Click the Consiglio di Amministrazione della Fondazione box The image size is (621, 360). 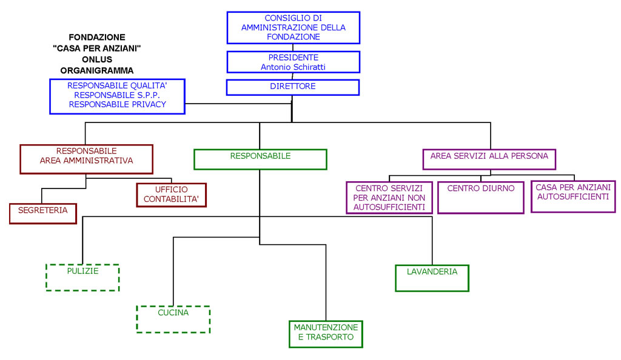coord(293,28)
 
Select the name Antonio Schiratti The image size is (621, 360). coord(293,67)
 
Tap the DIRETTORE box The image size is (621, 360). coord(293,87)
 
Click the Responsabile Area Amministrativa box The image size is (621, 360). coord(86,159)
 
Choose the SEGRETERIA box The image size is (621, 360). coord(43,213)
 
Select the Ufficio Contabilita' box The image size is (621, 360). coord(172,195)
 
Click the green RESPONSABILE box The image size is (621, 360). coord(260,159)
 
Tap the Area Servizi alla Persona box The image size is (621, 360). coord(489,159)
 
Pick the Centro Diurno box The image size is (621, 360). coord(481,198)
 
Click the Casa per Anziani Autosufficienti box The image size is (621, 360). coord(573,196)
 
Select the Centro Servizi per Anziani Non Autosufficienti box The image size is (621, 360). coord(389,198)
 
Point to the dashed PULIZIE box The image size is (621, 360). coord(82,278)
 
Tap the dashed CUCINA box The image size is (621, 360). coord(173,319)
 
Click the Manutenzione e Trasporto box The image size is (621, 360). coord(326,335)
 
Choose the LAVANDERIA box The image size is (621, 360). coord(432,278)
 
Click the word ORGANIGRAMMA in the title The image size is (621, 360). coord(97,71)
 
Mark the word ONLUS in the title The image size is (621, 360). coord(97,60)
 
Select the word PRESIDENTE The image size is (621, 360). coord(293,58)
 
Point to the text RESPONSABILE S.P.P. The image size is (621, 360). coord(117,95)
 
